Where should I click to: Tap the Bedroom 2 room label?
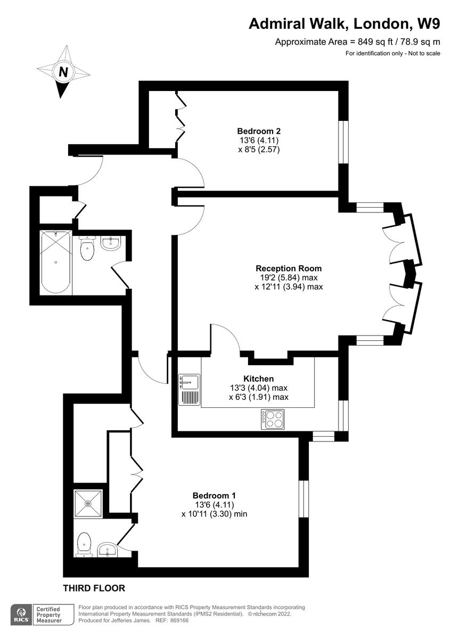click(259, 131)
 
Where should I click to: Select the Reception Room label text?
click(289, 268)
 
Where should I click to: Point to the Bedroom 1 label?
click(214, 494)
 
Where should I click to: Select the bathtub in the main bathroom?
click(56, 261)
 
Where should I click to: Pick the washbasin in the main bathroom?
click(111, 244)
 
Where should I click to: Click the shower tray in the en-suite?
click(87, 504)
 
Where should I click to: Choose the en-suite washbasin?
click(108, 550)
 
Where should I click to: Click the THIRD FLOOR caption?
click(94, 588)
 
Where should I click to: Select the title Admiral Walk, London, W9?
click(345, 23)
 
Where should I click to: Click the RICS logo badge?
click(22, 613)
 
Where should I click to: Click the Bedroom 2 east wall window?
click(344, 142)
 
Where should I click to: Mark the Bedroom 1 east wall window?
click(304, 499)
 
